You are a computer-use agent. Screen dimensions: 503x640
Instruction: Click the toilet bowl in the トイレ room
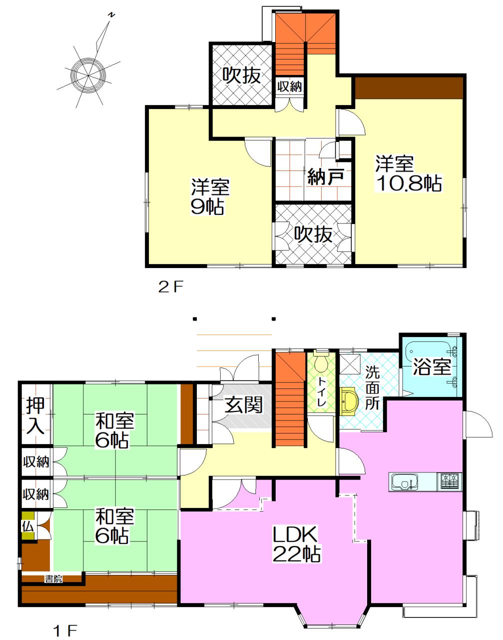coord(321,361)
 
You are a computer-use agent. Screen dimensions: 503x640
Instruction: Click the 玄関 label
coord(244,404)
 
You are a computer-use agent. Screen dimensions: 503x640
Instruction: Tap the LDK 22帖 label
coord(296,544)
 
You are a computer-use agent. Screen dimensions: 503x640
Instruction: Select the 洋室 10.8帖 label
coord(408,173)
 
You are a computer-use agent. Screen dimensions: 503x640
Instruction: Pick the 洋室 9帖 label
coord(209,196)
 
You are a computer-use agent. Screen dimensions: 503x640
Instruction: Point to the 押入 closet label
coord(35,415)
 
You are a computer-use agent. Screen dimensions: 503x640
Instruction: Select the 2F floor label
coord(171,287)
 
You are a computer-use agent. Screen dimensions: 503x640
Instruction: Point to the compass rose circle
coord(88,74)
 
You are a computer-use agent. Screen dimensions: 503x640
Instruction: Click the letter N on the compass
coord(111,15)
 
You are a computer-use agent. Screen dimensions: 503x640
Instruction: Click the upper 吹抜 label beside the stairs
coord(242,74)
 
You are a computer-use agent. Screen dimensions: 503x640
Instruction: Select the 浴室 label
coord(432,366)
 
